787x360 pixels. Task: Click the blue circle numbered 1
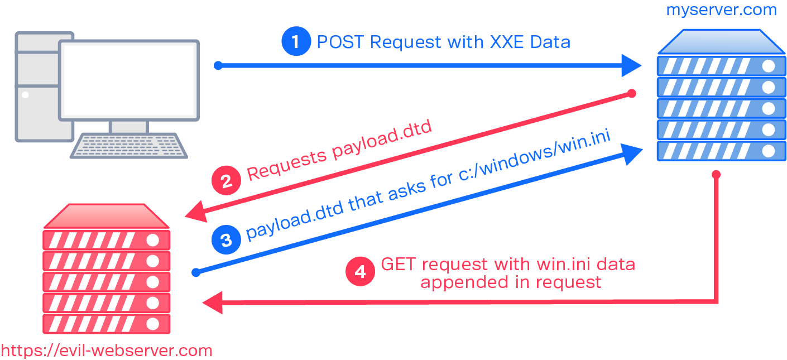(296, 42)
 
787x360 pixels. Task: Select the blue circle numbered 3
(226, 240)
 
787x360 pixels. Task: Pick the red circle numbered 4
(360, 272)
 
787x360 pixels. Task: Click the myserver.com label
(721, 10)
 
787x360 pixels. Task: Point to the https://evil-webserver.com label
(106, 351)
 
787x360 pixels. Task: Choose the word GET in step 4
(398, 263)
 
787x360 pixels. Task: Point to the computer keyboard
(129, 146)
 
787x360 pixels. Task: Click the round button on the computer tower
(25, 95)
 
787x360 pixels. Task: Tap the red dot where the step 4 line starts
(717, 175)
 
